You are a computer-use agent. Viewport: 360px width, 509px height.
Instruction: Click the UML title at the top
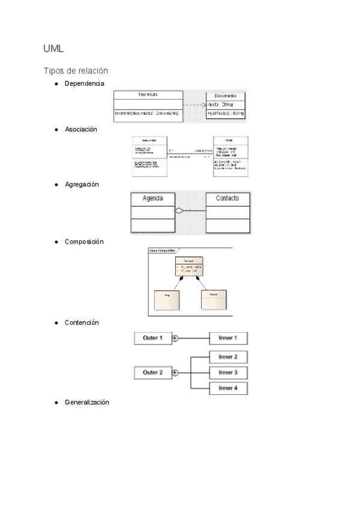(53, 48)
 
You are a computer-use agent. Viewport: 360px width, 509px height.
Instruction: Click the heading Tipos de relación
(76, 70)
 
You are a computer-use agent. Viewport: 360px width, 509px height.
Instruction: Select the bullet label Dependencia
(84, 83)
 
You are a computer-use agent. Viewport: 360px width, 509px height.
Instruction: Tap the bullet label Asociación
(81, 129)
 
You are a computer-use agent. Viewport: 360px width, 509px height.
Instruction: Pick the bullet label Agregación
(82, 184)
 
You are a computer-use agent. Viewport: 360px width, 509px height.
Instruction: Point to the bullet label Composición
(84, 241)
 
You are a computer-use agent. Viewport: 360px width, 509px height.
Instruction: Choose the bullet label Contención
(82, 322)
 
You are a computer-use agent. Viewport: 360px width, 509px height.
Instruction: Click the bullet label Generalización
(86, 402)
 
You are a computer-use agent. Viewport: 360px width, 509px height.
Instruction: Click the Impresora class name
(148, 95)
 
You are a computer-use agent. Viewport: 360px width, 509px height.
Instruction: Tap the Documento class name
(225, 95)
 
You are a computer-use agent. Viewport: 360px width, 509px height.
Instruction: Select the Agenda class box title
(152, 199)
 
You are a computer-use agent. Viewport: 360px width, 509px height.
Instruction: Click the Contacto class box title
(227, 199)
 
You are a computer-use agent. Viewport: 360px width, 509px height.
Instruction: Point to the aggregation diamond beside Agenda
(178, 211)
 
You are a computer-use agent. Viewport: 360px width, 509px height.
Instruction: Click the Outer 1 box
(152, 338)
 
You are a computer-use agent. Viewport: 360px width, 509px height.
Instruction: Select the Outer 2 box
(152, 373)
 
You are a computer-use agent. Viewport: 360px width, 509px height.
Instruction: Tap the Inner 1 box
(228, 338)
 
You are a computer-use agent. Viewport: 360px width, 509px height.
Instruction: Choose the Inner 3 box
(228, 373)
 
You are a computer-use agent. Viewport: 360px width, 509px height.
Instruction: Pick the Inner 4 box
(228, 388)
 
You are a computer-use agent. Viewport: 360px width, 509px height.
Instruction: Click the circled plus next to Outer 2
(175, 373)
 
